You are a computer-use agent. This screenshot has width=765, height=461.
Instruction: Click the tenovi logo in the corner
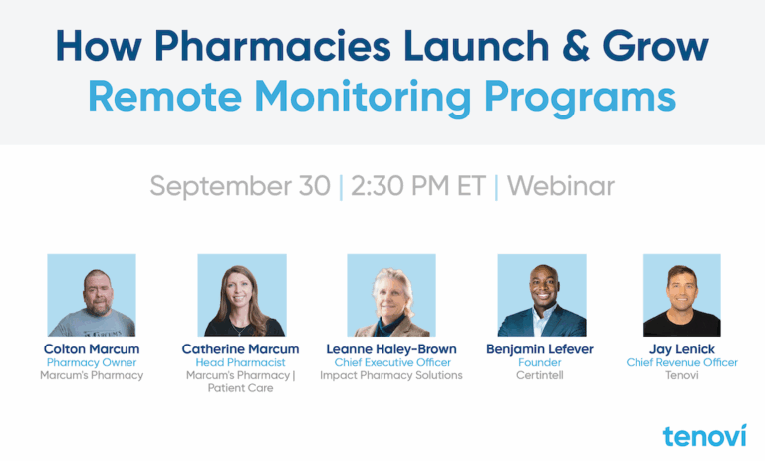(x=704, y=436)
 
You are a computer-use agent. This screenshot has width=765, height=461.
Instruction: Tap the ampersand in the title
(x=576, y=46)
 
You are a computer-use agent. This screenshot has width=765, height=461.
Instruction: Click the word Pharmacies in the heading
(x=273, y=46)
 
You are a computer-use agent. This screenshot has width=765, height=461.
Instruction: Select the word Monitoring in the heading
(x=363, y=97)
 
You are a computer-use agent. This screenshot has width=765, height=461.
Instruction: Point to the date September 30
(x=240, y=186)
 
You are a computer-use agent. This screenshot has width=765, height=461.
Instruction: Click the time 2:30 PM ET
(x=418, y=186)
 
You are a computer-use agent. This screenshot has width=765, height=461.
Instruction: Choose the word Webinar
(x=561, y=186)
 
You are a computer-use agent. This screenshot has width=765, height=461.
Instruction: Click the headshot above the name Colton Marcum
(x=92, y=295)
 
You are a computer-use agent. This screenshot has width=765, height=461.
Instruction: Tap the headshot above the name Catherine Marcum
(x=242, y=295)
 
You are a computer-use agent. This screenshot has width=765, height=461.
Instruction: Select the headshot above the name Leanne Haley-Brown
(x=391, y=295)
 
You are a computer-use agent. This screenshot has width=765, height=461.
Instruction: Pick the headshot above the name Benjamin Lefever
(x=542, y=295)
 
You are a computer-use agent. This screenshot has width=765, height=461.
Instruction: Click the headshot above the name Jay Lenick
(x=682, y=295)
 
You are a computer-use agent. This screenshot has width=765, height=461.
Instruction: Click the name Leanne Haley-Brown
(x=391, y=349)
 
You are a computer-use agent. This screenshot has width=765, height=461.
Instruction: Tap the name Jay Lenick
(x=682, y=349)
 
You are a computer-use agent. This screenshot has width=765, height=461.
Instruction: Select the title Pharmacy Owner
(x=92, y=363)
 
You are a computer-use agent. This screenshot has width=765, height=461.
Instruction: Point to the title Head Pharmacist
(x=240, y=363)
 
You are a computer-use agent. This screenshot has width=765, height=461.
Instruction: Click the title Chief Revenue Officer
(x=682, y=363)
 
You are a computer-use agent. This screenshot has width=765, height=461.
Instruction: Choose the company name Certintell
(x=540, y=375)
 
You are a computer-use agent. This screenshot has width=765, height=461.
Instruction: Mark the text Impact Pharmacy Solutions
(x=391, y=375)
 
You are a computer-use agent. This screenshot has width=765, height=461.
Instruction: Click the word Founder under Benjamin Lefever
(x=540, y=363)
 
